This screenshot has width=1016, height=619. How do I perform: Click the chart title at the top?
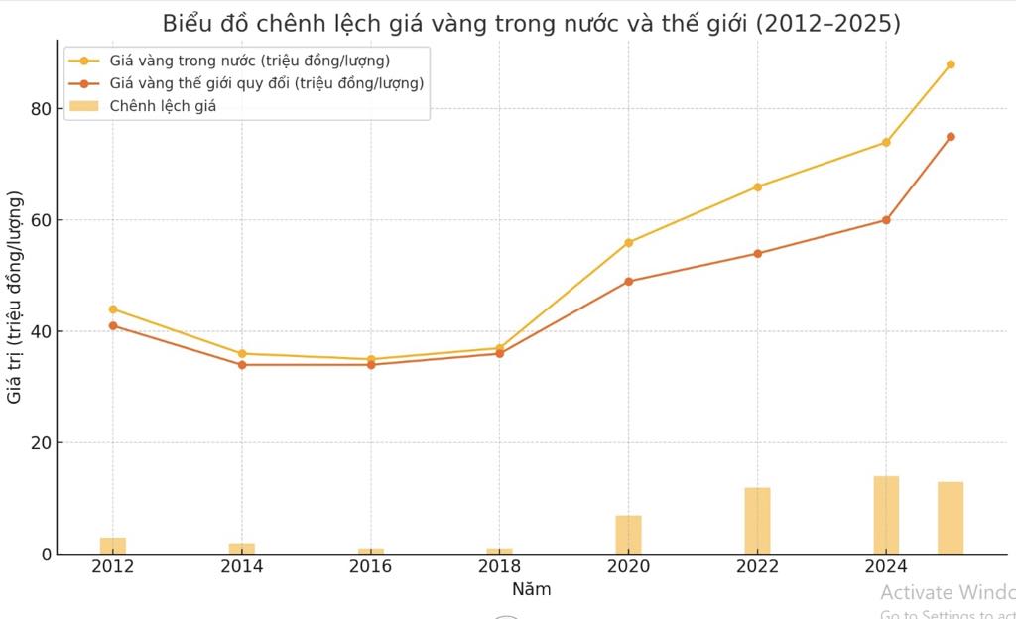(x=531, y=24)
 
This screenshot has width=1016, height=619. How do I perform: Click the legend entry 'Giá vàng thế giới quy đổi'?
(x=266, y=83)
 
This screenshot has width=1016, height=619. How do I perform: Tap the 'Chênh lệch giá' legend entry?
(x=163, y=106)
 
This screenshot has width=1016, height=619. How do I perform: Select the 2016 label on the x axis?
(x=370, y=567)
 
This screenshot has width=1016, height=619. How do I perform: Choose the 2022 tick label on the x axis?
(x=757, y=567)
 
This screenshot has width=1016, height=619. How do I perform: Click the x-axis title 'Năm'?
(x=531, y=589)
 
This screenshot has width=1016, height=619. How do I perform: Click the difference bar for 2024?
(x=886, y=515)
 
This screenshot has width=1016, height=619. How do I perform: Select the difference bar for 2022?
(x=757, y=521)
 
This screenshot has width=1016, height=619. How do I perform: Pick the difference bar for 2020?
(x=628, y=535)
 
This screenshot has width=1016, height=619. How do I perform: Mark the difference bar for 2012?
(x=113, y=546)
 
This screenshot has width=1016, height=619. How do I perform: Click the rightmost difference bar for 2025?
(x=951, y=518)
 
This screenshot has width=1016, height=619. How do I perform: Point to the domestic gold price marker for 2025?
(x=951, y=64)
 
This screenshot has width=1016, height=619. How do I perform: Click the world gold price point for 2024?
(x=886, y=220)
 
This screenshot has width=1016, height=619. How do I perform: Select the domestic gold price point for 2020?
(x=628, y=242)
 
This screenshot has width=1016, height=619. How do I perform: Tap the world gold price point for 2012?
(x=113, y=325)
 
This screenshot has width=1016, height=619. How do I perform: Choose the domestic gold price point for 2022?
(x=757, y=186)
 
